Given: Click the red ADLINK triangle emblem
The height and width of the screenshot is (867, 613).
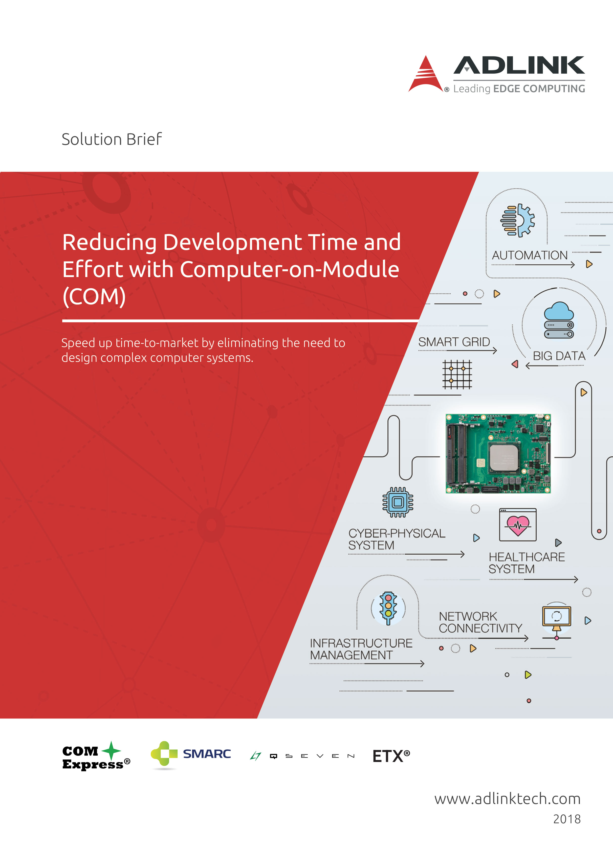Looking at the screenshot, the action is tap(426, 75).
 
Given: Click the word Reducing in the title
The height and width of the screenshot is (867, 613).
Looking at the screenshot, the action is tap(109, 243).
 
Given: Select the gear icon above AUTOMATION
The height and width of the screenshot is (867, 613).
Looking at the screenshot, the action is tap(517, 220).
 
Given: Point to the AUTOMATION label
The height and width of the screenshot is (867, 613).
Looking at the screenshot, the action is tap(529, 255).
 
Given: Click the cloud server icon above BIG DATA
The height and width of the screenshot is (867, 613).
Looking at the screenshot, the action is tap(559, 320).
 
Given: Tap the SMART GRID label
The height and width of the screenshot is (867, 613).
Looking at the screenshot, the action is tap(454, 342).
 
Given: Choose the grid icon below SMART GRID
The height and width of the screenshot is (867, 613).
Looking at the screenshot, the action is tap(457, 374).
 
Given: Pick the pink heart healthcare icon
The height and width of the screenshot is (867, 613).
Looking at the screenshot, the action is tap(518, 525).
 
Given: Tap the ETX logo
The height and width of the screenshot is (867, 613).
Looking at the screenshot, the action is tap(391, 756).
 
